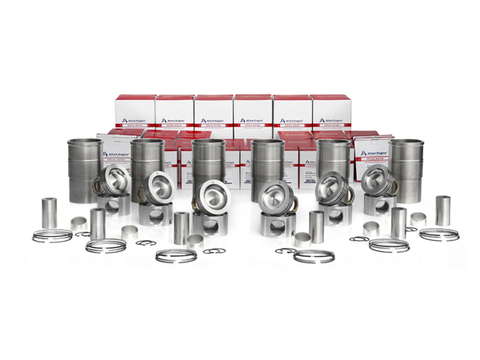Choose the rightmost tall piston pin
pos(442,210)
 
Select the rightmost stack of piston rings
pos(439,234)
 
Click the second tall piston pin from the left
pos(98,224)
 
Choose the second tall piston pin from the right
pos(398,223)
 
